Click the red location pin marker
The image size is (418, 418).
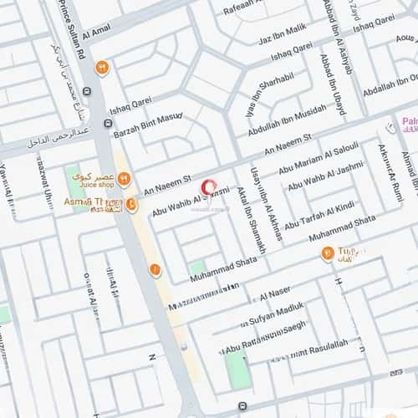(208, 188)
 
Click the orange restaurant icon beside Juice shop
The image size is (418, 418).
(124, 179)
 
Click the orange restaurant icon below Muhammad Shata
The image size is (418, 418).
(328, 253)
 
